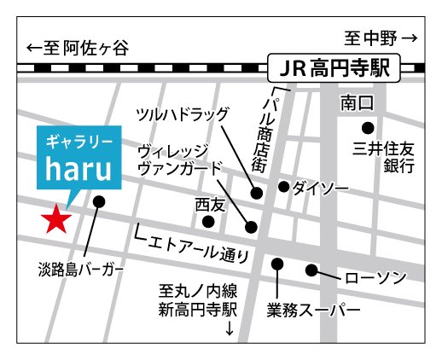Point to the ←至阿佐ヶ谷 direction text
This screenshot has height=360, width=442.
click(x=77, y=48)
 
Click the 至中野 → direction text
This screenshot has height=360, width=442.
click(x=381, y=38)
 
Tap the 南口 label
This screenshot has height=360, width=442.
click(x=358, y=103)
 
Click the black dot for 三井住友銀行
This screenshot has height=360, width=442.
click(x=368, y=127)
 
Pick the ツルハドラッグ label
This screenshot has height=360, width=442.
click(x=185, y=113)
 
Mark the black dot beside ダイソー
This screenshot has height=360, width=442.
click(x=283, y=187)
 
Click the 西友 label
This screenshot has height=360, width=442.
click(x=208, y=205)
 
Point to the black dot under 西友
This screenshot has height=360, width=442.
click(x=208, y=222)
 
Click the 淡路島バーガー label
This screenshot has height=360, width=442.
click(x=80, y=270)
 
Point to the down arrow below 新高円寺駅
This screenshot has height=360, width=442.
click(x=228, y=328)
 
